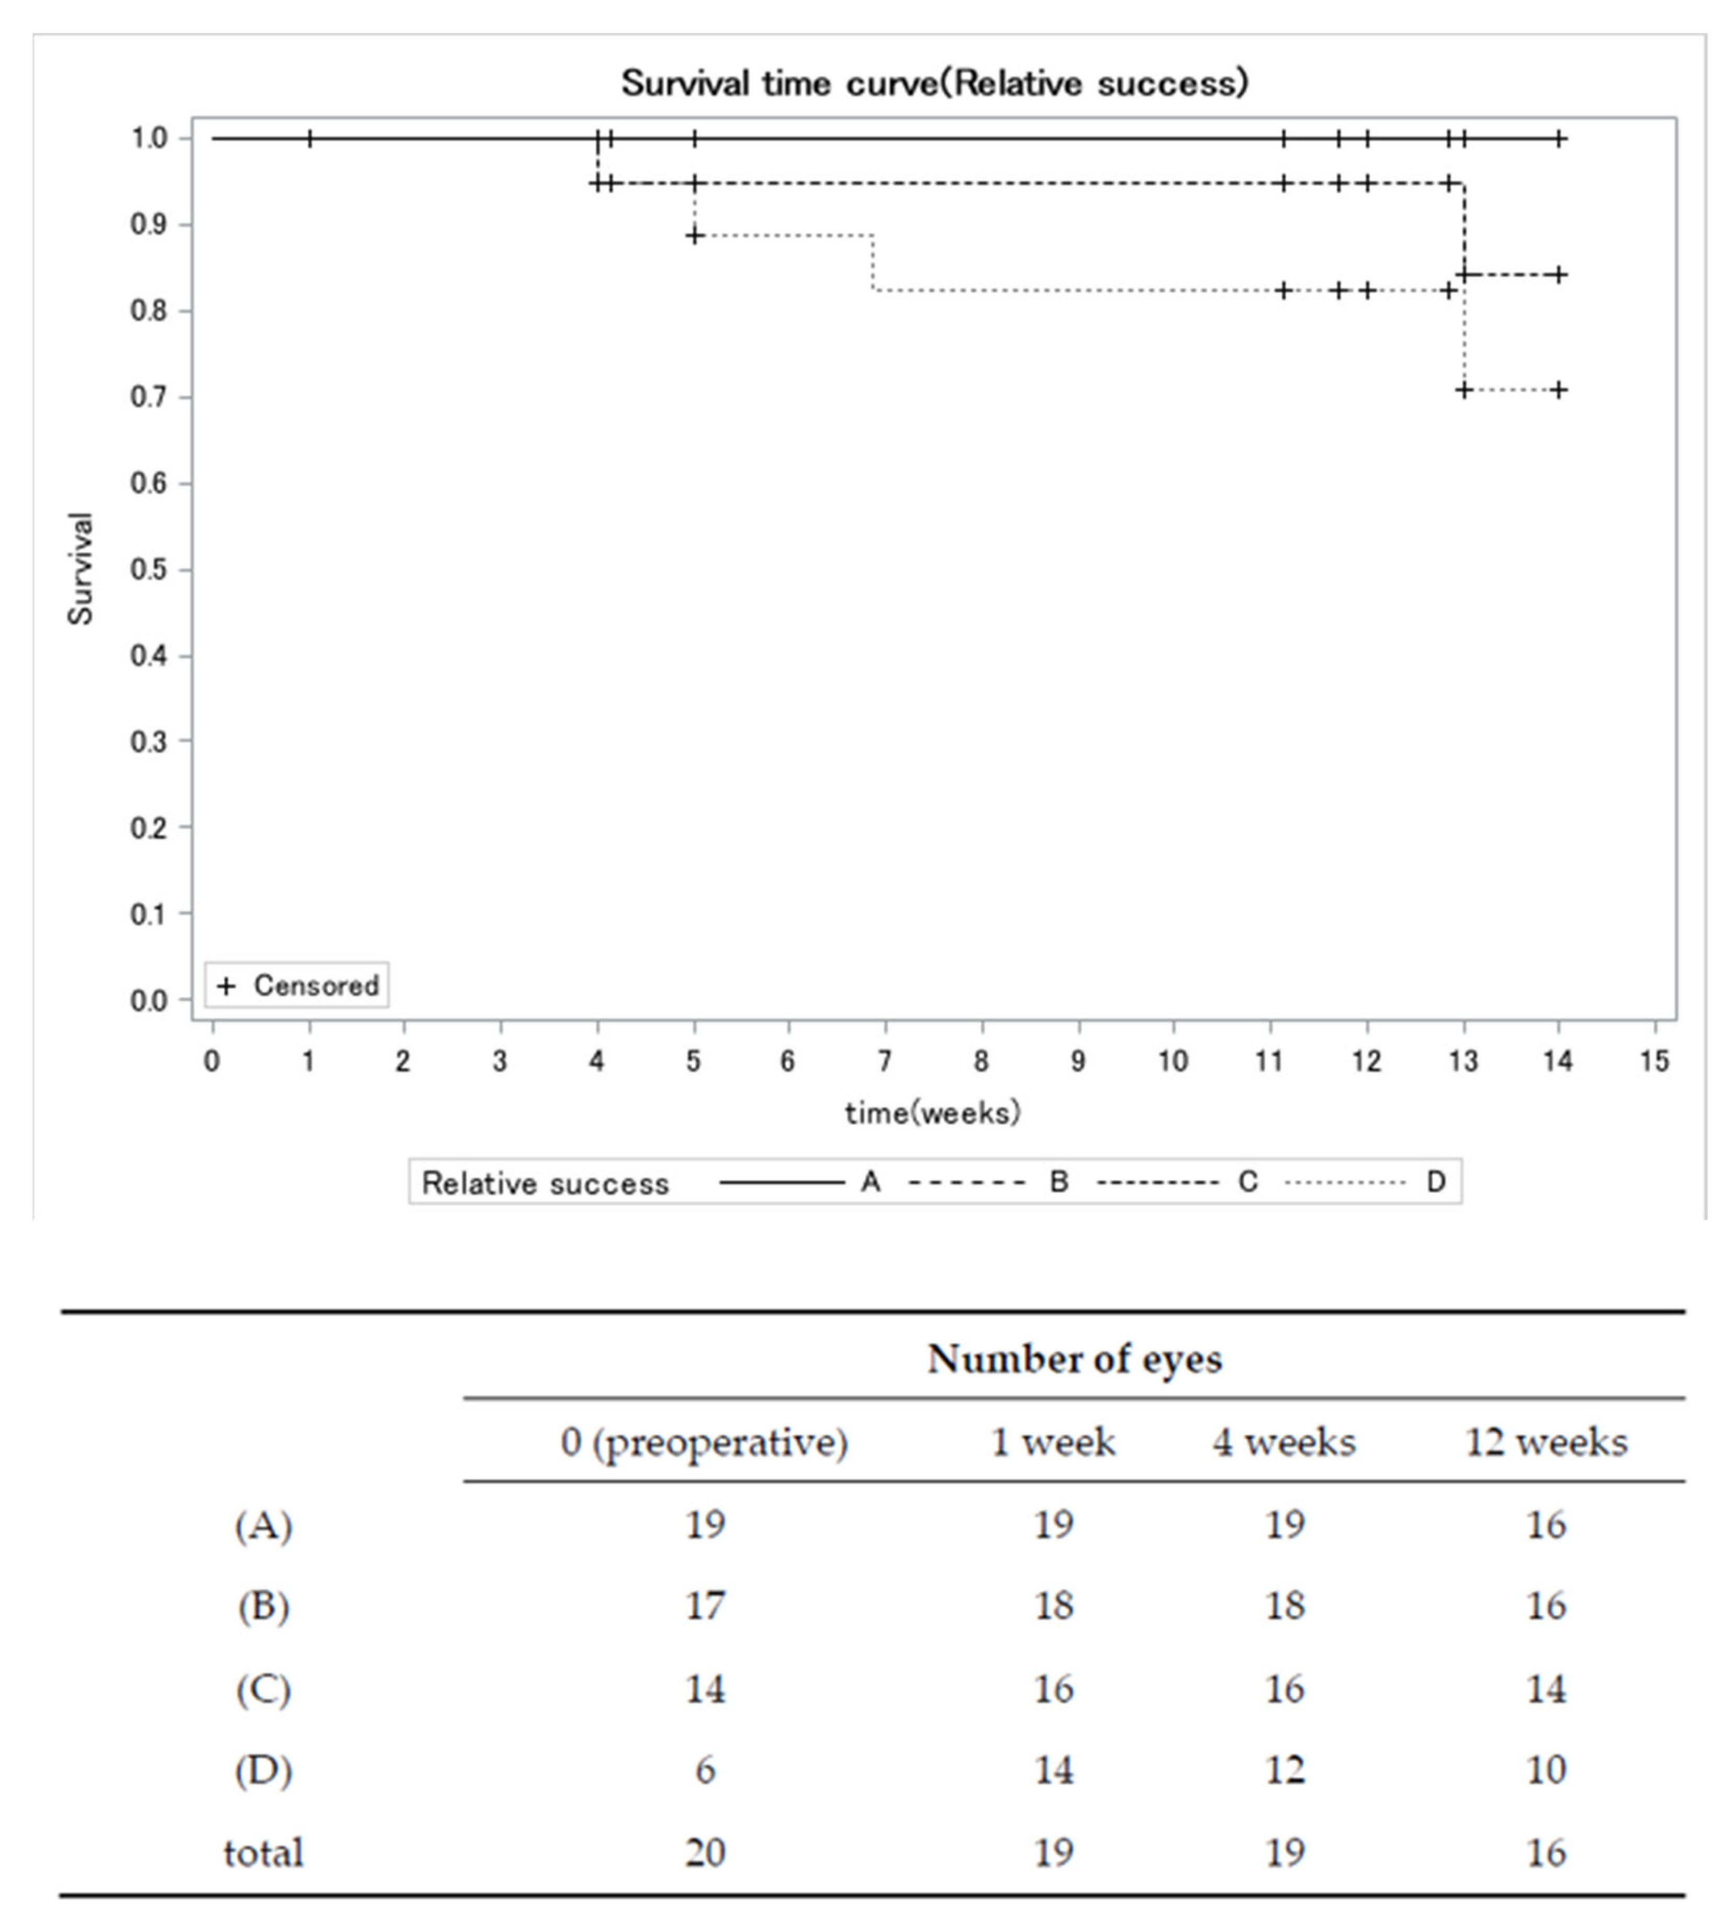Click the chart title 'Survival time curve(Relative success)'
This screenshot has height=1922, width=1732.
tap(934, 84)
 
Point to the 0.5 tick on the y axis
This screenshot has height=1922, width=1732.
tap(149, 570)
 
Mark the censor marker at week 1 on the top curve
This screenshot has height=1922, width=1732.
tap(309, 139)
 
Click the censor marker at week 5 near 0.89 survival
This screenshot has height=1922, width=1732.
tap(695, 235)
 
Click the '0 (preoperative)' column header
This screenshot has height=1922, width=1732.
tap(704, 1442)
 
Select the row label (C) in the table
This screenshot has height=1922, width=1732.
tap(264, 1689)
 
